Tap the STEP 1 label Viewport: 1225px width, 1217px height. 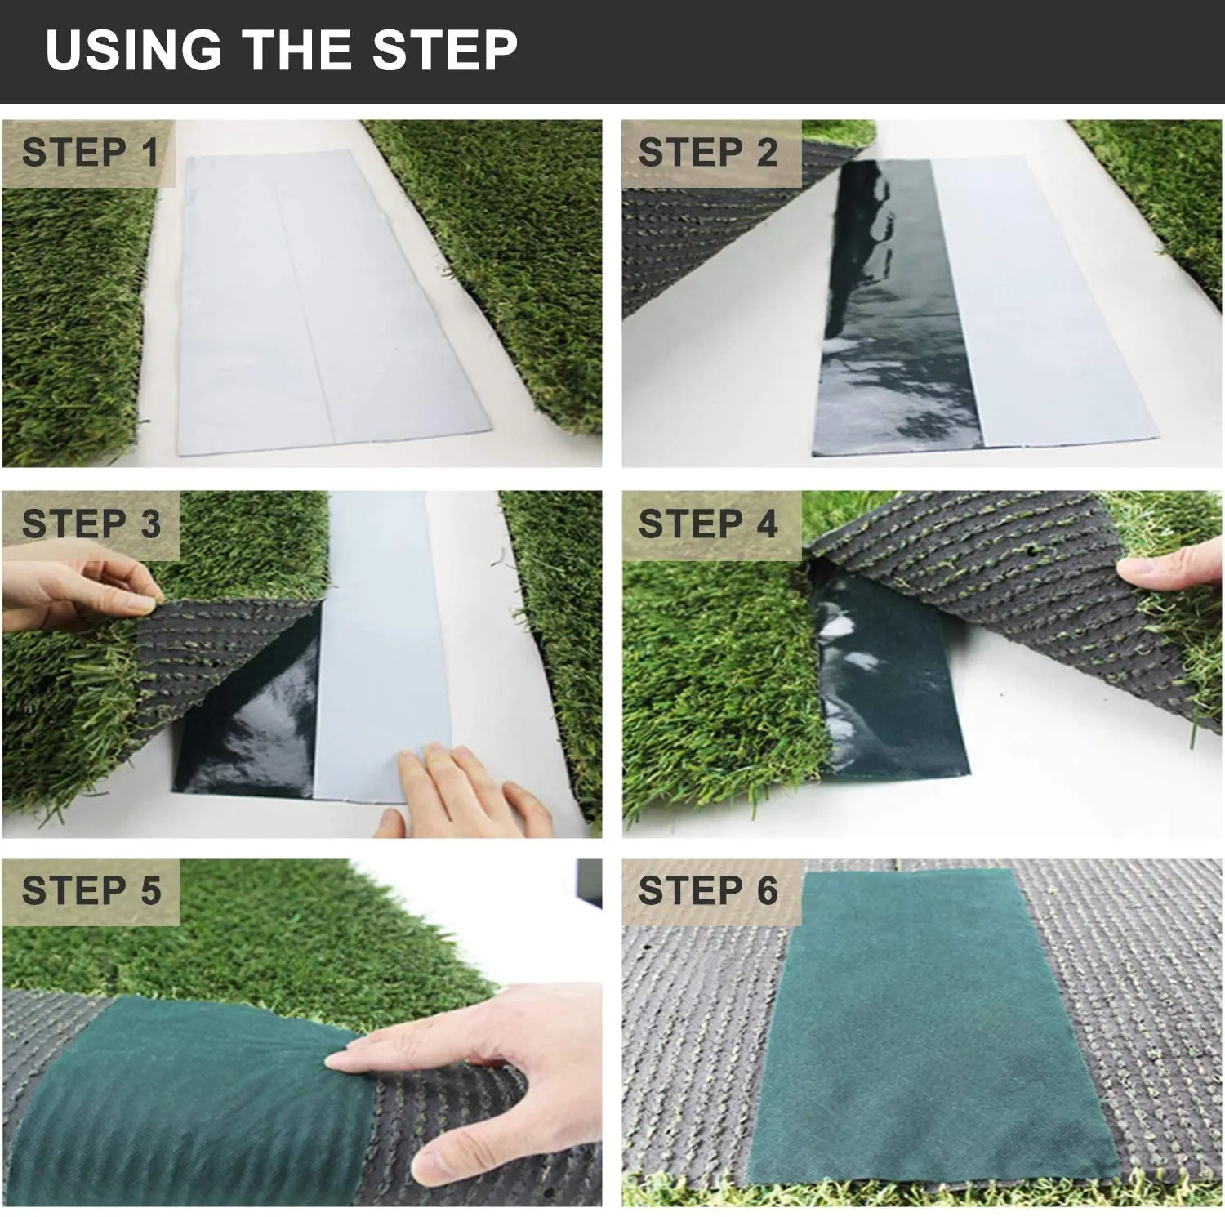tap(90, 153)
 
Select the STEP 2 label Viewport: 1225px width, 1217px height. tap(707, 153)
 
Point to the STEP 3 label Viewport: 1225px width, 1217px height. tap(91, 524)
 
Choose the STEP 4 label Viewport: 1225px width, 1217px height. tap(708, 524)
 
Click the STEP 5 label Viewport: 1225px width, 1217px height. tap(91, 890)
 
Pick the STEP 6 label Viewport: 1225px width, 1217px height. tap(708, 890)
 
